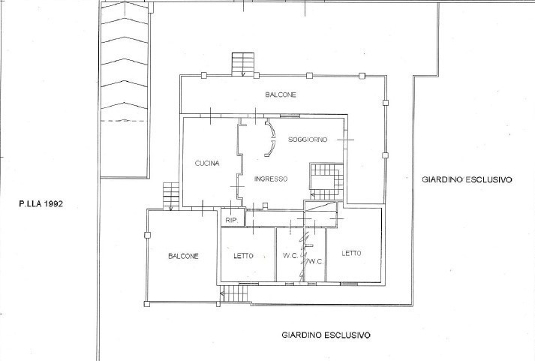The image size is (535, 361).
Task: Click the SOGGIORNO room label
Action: click(310, 140)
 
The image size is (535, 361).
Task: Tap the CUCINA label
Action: click(206, 164)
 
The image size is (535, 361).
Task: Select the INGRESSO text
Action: click(270, 179)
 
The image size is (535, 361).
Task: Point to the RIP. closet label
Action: click(231, 220)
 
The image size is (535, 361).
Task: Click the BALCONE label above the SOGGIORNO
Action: click(281, 95)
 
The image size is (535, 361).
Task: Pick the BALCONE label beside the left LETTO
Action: click(183, 256)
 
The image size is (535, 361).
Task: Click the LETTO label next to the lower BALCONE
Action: click(243, 256)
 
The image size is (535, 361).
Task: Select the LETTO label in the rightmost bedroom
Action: click(351, 253)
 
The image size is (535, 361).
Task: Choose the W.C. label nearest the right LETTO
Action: click(315, 261)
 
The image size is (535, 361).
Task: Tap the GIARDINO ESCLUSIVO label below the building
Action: click(326, 335)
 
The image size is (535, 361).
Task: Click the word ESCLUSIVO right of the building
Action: click(488, 180)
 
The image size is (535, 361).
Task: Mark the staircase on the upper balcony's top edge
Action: click(242, 65)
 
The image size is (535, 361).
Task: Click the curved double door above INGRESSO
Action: click(269, 139)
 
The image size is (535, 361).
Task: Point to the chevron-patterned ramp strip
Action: click(124, 60)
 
